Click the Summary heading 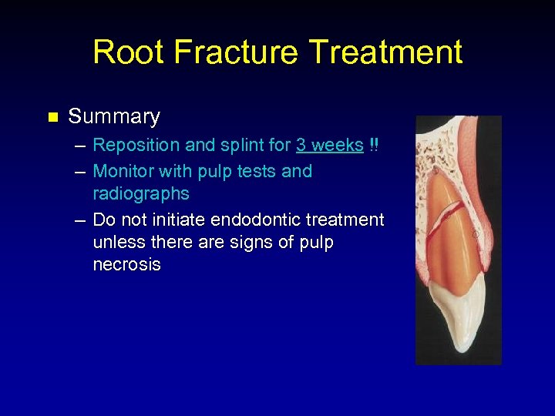(x=114, y=117)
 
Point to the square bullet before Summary (x=52, y=118)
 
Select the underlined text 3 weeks (x=329, y=146)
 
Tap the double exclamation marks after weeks (x=374, y=146)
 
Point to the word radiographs (x=140, y=193)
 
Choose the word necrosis (x=126, y=264)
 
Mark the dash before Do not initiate (x=80, y=220)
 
